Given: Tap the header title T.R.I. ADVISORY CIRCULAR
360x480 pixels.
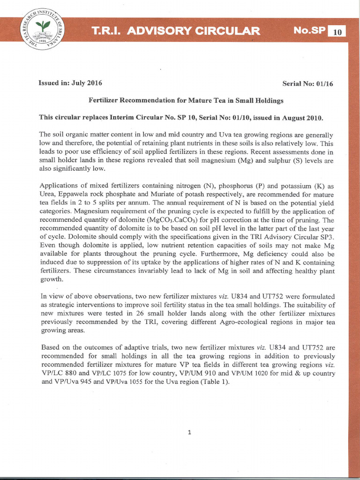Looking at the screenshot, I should pos(176,31).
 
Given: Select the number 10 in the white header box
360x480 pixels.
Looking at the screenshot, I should pos(337,32).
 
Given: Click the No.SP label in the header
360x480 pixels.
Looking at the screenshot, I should pos(309,31).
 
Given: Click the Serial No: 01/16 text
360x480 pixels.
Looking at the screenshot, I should pos(307,83).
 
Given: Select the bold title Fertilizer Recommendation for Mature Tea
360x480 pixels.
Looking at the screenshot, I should pos(186,100).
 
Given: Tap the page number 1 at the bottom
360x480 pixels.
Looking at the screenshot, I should pos(189,432).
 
